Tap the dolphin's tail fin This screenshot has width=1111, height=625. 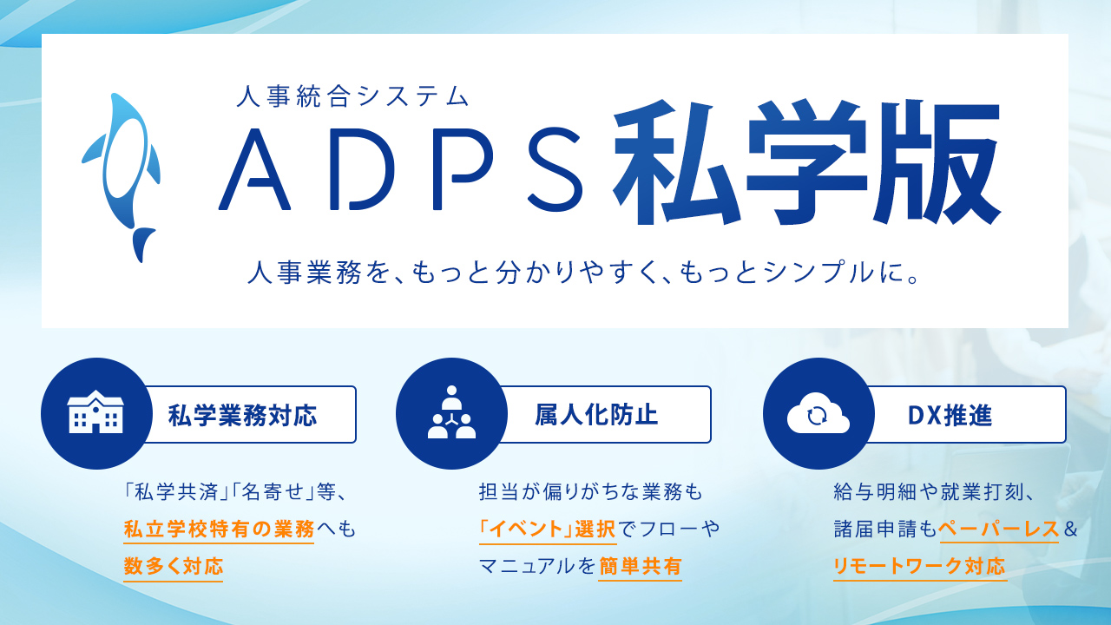click(x=143, y=244)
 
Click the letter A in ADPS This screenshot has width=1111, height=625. click(x=254, y=169)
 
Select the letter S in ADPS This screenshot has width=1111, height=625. click(x=555, y=169)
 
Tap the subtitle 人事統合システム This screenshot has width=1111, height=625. click(x=352, y=96)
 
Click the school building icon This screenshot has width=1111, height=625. click(x=95, y=412)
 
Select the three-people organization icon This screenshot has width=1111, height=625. click(x=451, y=412)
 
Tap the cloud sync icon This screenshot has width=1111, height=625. click(x=818, y=413)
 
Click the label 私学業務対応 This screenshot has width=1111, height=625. click(x=242, y=415)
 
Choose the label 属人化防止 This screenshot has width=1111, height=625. click(x=596, y=415)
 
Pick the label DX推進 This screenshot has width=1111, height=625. click(x=950, y=416)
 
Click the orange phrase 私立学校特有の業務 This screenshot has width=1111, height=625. click(x=219, y=530)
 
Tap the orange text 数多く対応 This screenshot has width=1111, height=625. click(x=173, y=567)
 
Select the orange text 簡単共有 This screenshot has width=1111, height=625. click(x=640, y=567)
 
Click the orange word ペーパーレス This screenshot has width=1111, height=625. click(x=999, y=529)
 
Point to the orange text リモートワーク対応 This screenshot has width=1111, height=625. click(x=919, y=567)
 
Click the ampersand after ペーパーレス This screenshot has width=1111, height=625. click(x=1070, y=530)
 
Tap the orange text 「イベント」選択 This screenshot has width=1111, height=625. click(x=548, y=530)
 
